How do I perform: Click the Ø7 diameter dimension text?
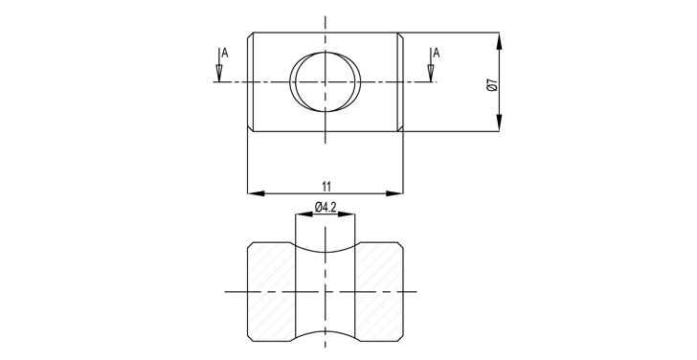click(492, 85)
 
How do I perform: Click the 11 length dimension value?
click(326, 186)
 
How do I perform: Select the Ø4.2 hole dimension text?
click(326, 207)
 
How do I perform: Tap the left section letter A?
click(225, 54)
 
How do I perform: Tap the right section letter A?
click(437, 54)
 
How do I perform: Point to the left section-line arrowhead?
click(219, 73)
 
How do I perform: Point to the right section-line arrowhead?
click(431, 73)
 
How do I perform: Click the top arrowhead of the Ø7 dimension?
click(499, 41)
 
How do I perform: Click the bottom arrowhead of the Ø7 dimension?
click(499, 124)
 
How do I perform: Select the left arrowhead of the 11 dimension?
click(256, 193)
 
